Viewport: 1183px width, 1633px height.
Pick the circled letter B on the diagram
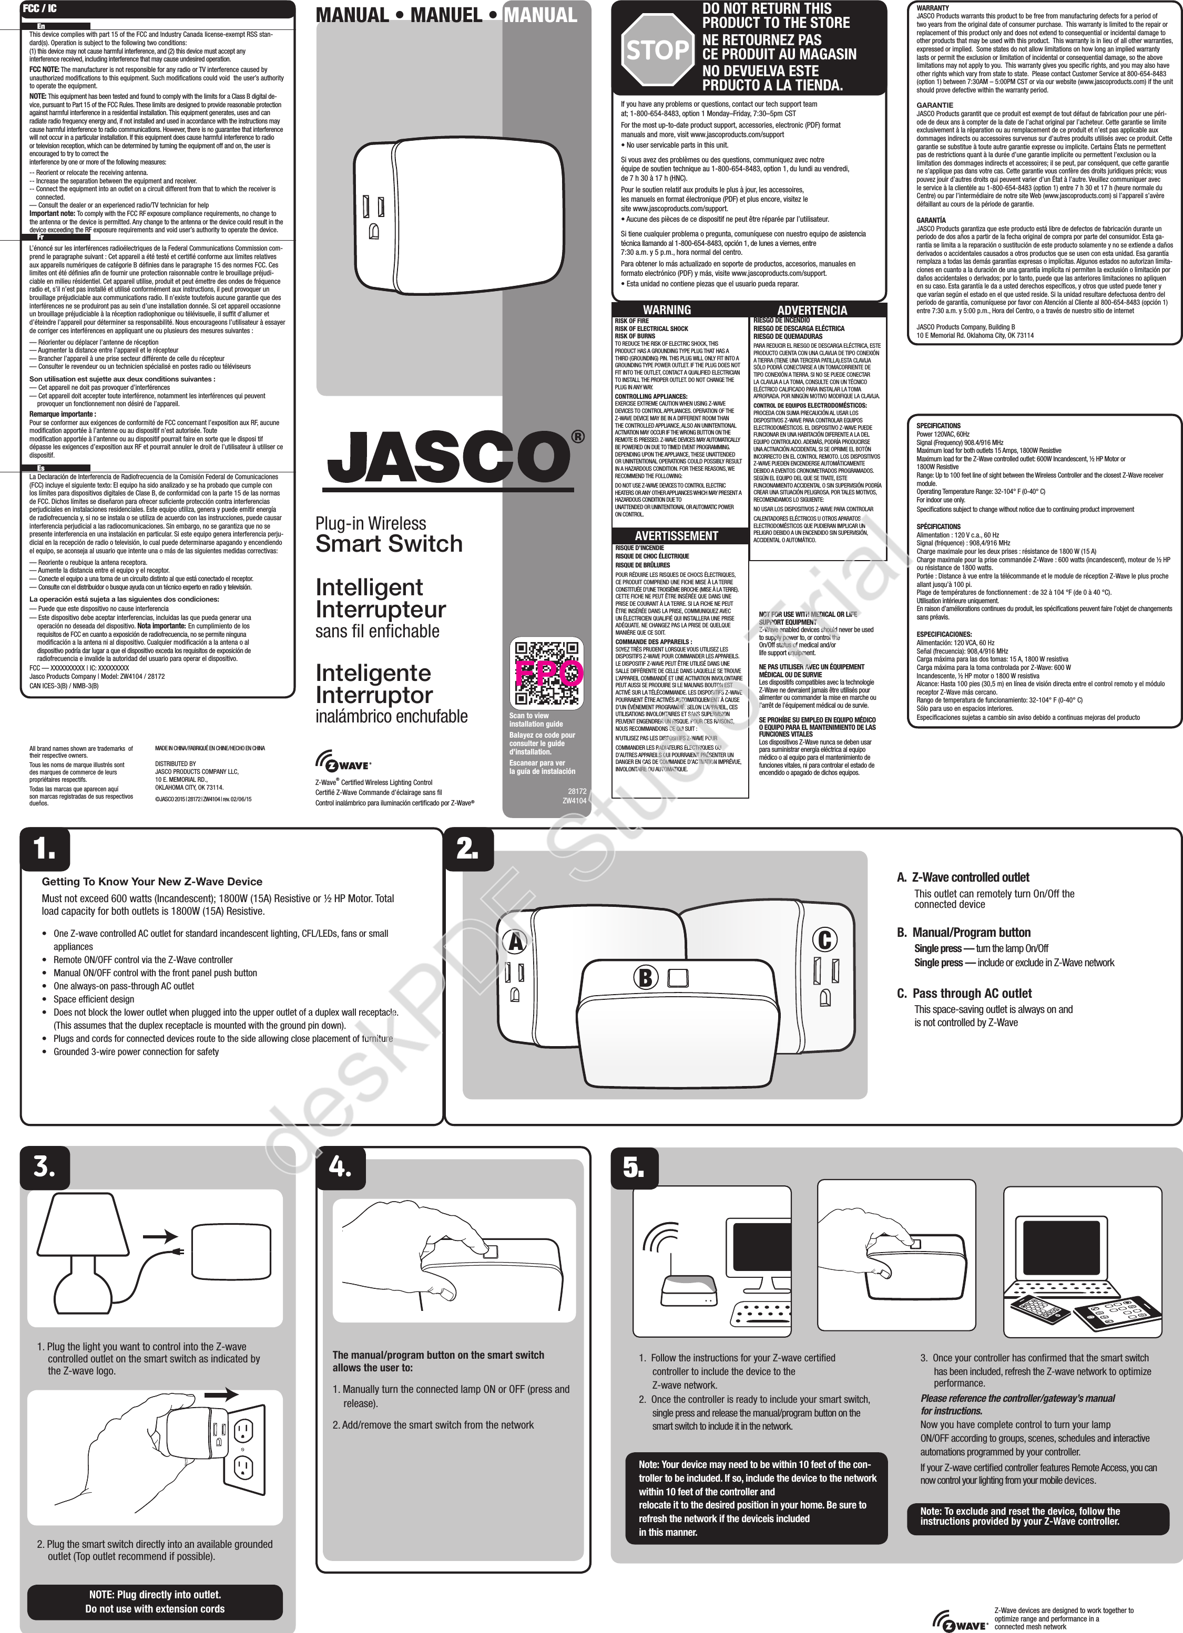(645, 978)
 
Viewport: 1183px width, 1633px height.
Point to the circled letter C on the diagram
(823, 939)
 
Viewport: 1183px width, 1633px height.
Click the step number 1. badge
(45, 850)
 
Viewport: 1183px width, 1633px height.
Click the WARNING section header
(667, 309)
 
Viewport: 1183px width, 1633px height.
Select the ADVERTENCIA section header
(812, 311)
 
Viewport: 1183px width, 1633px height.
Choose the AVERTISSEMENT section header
(676, 536)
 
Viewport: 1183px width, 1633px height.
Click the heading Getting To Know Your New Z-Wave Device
(151, 881)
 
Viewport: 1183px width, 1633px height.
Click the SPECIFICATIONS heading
(938, 426)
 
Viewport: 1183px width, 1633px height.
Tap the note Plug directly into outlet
(155, 1595)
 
